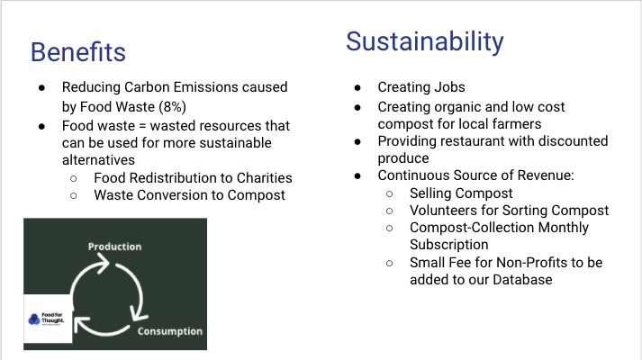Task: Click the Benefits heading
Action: pos(77,51)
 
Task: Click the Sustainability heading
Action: pos(424,41)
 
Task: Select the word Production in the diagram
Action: pos(114,246)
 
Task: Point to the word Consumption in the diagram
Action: pos(169,331)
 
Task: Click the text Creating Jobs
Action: pos(420,87)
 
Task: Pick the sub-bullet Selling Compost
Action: pos(461,193)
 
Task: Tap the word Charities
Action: pos(260,177)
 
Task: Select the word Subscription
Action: pos(448,245)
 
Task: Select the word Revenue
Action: pos(529,175)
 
